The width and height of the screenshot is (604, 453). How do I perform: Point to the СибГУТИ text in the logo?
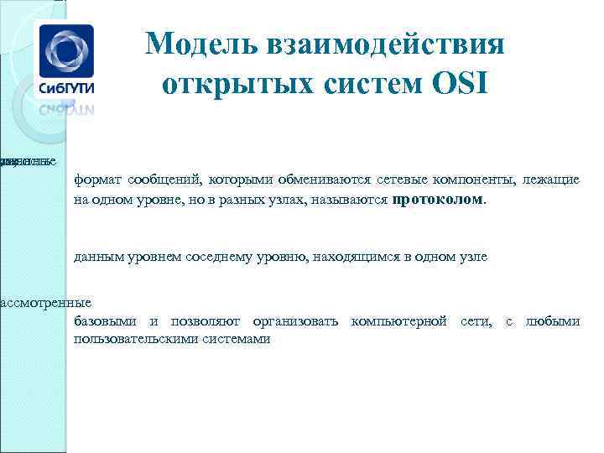pos(64,86)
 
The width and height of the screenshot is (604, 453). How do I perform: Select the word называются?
pos(351,200)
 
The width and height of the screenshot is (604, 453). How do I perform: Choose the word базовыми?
pos(103,321)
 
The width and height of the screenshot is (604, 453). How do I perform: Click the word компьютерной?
pos(398,321)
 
